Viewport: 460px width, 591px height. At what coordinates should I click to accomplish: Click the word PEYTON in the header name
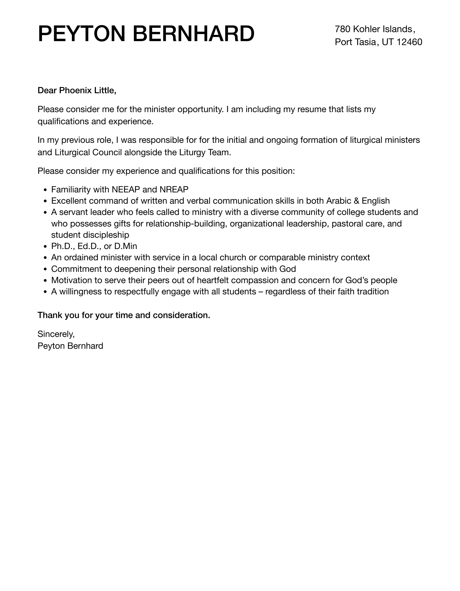coord(81,34)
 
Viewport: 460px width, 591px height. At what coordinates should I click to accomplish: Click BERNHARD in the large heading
coord(193,34)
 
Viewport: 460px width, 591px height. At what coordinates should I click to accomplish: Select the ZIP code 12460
coord(409,42)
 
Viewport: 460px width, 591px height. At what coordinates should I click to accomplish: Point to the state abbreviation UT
coord(388,42)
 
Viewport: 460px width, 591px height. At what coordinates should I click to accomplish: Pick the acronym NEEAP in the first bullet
coord(126,189)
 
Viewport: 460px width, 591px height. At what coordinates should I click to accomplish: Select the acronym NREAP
coord(174,189)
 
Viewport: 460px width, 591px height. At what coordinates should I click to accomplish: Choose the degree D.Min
coord(125,246)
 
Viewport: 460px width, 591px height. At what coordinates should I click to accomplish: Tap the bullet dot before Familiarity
coord(45,190)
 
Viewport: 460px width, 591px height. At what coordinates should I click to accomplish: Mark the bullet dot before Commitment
coord(45,269)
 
